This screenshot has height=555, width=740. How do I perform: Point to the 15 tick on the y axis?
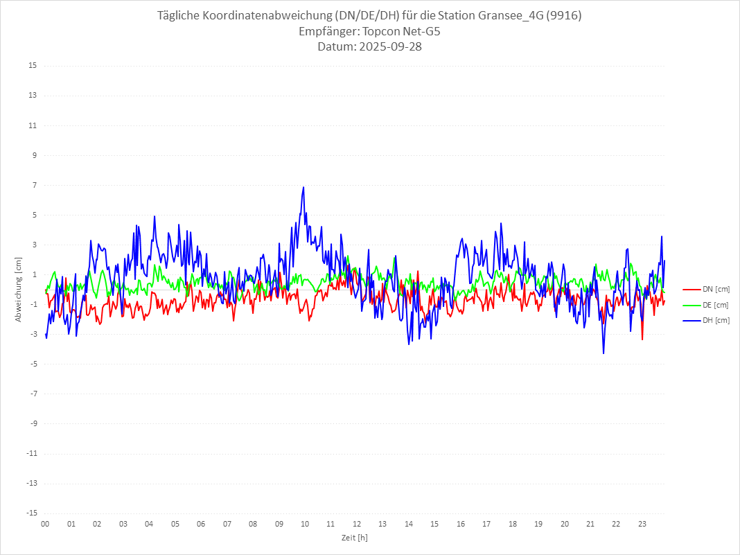pos(33,66)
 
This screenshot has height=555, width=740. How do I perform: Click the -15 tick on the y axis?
pos(31,513)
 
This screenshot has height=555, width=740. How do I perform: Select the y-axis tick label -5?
pos(33,364)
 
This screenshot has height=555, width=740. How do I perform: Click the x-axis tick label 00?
pos(45,524)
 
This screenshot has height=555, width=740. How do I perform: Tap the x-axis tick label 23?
pos(642,524)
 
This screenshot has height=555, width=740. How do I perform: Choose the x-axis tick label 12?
pos(357,524)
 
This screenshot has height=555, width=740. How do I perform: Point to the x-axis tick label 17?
pos(486,524)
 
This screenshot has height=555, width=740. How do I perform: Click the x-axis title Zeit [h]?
pos(354,537)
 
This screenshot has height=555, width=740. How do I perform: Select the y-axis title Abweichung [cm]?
pos(19,290)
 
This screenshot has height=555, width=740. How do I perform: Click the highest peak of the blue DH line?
pos(303,187)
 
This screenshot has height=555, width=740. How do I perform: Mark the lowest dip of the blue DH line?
pos(604,353)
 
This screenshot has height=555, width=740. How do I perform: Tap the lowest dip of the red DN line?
pos(642,339)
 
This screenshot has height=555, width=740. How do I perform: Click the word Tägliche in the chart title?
pos(182,15)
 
